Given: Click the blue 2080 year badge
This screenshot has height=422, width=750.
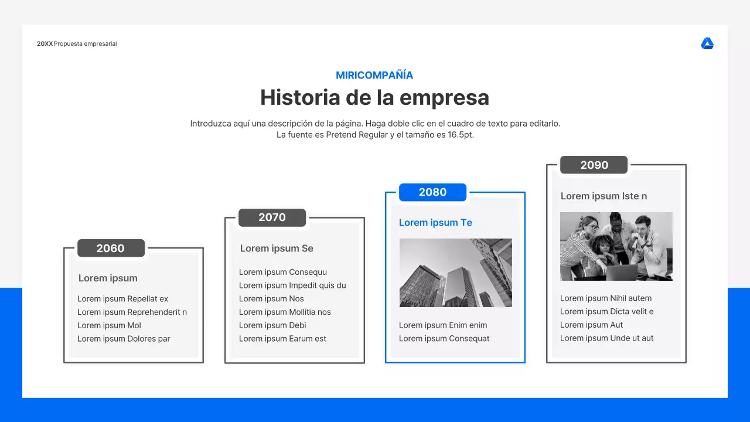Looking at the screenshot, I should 432,192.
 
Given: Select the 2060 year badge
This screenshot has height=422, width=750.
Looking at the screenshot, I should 111,248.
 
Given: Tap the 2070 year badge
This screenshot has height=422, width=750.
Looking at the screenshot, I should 272,217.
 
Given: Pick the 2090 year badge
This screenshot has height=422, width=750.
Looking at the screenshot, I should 594,165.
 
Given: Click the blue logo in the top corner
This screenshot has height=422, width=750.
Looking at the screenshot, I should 707,44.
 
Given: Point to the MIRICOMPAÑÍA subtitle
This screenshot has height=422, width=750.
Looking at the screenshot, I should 374,75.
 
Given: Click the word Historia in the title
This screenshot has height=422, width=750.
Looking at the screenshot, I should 299,97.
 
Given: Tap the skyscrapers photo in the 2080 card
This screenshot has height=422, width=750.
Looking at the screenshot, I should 455,273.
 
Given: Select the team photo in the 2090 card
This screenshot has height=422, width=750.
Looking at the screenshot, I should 616,246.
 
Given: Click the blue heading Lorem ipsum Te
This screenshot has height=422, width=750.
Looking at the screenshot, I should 435,223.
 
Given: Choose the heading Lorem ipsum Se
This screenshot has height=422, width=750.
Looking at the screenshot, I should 277,249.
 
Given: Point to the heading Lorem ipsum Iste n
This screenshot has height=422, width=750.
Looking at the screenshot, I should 604,196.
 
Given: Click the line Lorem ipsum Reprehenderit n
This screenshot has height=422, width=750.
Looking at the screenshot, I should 132,312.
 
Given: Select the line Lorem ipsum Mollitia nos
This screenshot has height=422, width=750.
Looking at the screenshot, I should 285,312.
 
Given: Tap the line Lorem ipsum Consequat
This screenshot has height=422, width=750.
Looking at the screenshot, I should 444,339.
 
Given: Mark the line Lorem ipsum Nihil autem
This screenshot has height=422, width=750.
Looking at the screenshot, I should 606,298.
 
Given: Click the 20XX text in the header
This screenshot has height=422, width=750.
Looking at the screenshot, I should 45,44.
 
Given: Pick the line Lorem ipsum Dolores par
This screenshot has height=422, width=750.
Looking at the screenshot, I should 124,339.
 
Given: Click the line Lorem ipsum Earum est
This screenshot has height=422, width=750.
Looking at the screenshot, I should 282,339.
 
